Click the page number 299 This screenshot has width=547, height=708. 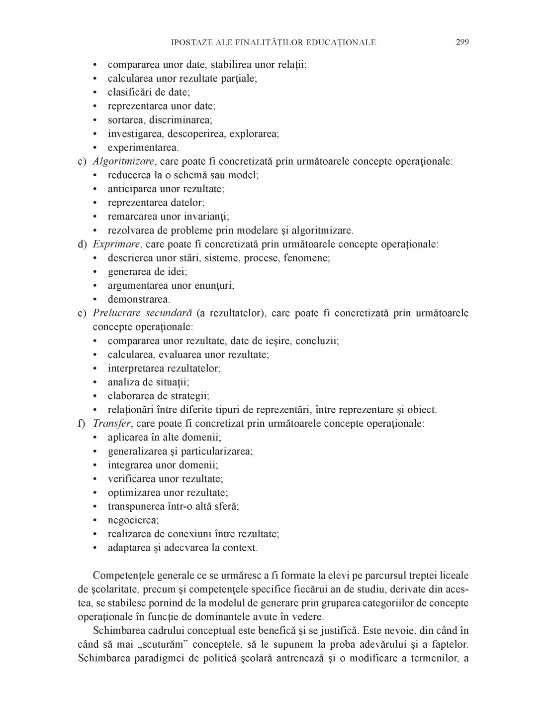[x=462, y=42]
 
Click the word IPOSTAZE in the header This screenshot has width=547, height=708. [x=190, y=42]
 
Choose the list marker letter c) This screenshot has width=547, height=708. [x=83, y=161]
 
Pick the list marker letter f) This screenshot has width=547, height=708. [x=82, y=424]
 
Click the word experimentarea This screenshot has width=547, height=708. [x=143, y=148]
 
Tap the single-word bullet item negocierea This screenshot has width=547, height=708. [x=133, y=520]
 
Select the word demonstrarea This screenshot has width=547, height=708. [x=139, y=300]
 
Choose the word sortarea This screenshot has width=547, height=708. [x=126, y=120]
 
